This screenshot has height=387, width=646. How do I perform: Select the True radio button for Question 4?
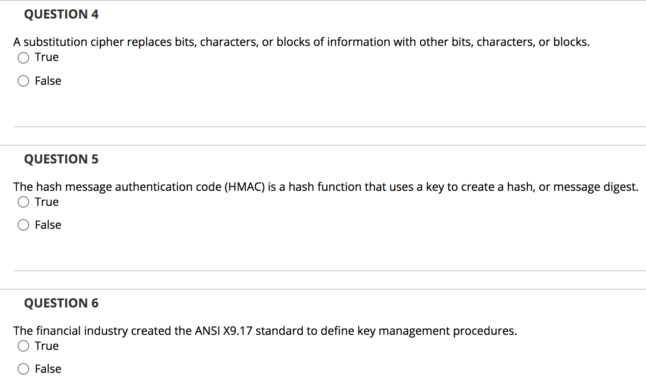tap(23, 58)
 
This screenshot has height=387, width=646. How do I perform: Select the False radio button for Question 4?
tap(23, 81)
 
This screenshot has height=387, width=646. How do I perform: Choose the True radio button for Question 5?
tap(23, 202)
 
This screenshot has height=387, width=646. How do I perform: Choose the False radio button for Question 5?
tap(23, 225)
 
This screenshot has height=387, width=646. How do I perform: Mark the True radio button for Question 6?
tap(23, 346)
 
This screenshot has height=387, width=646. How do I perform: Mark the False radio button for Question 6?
tap(23, 369)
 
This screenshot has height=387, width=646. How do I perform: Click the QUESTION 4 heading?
tap(61, 15)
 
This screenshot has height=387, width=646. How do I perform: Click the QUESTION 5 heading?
tap(61, 159)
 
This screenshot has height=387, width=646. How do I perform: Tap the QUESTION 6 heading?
tap(61, 303)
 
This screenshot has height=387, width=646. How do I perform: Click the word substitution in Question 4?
tap(55, 42)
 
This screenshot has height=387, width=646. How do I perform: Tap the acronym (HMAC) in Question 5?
tap(244, 187)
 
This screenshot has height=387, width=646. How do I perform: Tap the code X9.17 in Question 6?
tap(237, 331)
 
